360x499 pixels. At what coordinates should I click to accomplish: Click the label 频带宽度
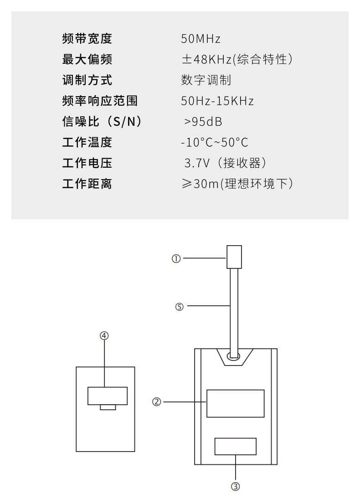87,39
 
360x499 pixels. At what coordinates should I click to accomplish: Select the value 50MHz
201,39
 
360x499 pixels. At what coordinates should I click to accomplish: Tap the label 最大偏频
87,59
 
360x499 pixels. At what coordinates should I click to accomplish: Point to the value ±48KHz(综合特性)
237,59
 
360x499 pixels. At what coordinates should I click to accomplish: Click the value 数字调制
206,80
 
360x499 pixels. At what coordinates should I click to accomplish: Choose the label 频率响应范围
99,101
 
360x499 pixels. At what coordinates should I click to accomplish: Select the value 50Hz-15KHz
217,101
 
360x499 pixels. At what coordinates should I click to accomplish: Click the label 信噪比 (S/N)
102,122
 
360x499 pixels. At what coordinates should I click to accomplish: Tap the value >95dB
203,122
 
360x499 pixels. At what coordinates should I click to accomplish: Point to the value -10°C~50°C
214,142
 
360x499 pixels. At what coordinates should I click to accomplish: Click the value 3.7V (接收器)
225,163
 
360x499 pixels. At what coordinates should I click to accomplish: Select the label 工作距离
87,184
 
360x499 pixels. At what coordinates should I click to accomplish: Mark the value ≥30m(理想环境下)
237,184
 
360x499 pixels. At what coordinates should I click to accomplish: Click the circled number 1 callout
176,258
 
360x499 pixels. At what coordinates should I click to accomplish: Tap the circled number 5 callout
179,307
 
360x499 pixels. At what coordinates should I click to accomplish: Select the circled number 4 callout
104,336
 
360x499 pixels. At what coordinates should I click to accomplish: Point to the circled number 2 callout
156,402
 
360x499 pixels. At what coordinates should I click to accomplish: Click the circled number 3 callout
235,486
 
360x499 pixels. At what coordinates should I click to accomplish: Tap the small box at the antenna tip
234,257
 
